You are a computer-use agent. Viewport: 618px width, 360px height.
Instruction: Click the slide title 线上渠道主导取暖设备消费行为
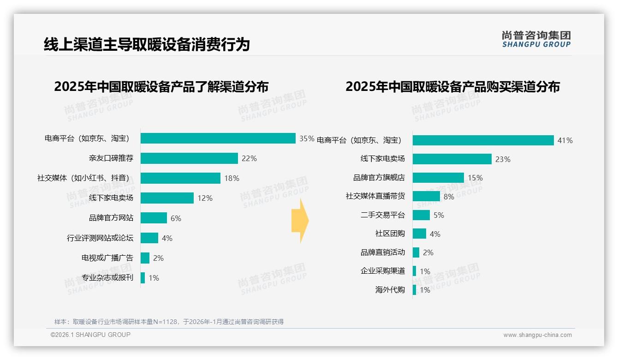pos(147,44)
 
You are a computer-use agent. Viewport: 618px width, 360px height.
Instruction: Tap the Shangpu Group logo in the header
pos(536,39)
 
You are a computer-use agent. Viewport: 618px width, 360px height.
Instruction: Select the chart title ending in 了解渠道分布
pos(161,87)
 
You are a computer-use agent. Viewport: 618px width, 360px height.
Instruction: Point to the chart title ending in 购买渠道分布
pos(452,87)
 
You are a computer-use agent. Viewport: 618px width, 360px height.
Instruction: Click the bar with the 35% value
pos(218,138)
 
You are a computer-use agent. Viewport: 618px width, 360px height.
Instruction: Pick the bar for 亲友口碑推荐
pos(189,158)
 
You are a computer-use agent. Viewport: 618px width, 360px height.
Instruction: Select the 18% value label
pos(232,178)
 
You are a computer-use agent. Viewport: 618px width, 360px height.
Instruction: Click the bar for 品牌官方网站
pos(154,218)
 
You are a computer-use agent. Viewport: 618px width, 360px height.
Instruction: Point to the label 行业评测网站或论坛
pos(100,238)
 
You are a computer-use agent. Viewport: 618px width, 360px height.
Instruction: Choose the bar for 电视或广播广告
pos(145,258)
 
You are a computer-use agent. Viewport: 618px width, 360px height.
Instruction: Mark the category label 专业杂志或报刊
pos(107,278)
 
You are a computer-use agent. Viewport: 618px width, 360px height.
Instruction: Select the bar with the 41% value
pos(483,140)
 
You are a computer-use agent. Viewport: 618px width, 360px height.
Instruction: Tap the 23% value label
pos(503,159)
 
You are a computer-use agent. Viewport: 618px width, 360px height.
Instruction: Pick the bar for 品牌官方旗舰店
pos(438,178)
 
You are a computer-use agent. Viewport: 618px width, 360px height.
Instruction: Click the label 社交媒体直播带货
pos(375,196)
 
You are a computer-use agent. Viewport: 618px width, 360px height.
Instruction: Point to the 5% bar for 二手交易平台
pos(421,215)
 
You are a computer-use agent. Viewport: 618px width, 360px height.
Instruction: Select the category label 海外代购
pos(390,290)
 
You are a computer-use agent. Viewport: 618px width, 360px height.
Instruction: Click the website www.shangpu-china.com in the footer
pos(537,335)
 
